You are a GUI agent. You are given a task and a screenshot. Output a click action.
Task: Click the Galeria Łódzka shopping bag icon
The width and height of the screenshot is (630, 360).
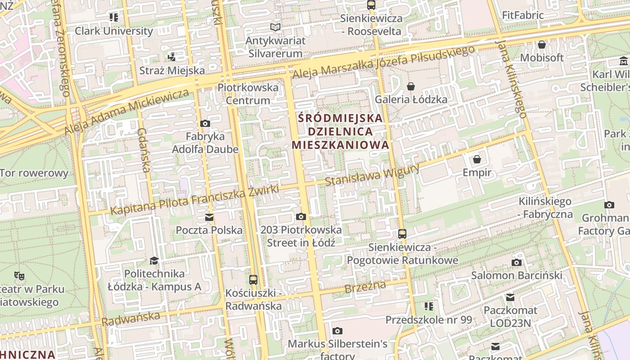point(410,86)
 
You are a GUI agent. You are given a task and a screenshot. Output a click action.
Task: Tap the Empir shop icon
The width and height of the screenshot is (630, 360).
point(477,159)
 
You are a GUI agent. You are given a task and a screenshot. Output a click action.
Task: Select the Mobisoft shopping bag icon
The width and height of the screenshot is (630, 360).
point(542,45)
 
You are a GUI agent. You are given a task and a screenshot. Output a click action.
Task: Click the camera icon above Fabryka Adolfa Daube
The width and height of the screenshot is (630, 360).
point(205,123)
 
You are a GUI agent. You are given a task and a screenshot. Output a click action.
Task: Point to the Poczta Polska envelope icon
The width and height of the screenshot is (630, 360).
point(209,217)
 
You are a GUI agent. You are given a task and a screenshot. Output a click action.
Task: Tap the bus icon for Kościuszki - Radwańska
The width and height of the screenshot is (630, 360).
point(253,279)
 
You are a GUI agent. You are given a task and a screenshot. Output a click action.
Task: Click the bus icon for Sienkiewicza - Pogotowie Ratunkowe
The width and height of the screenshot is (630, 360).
point(402,234)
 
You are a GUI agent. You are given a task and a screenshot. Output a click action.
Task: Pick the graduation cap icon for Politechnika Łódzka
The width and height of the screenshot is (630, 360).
point(154,261)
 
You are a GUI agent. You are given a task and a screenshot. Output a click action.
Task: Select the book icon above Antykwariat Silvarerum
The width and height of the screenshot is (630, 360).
point(275,27)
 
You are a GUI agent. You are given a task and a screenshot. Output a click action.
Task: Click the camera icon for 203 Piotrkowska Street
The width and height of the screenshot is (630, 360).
point(301,217)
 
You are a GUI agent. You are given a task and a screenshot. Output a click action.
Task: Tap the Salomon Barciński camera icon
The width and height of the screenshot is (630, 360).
point(517,262)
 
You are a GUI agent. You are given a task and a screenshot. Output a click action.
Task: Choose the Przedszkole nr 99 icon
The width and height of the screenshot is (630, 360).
point(429,306)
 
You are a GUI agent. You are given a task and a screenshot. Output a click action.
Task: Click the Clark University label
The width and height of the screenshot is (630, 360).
point(114,31)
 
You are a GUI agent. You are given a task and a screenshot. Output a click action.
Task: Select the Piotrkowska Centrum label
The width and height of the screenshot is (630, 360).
point(248,93)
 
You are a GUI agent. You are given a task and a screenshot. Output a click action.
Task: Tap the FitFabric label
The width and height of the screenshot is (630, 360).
point(523,15)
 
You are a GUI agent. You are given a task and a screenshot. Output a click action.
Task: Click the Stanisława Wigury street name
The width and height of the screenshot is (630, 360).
point(372,175)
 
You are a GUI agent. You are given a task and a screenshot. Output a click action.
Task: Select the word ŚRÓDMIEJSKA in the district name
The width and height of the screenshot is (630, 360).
point(341,118)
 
